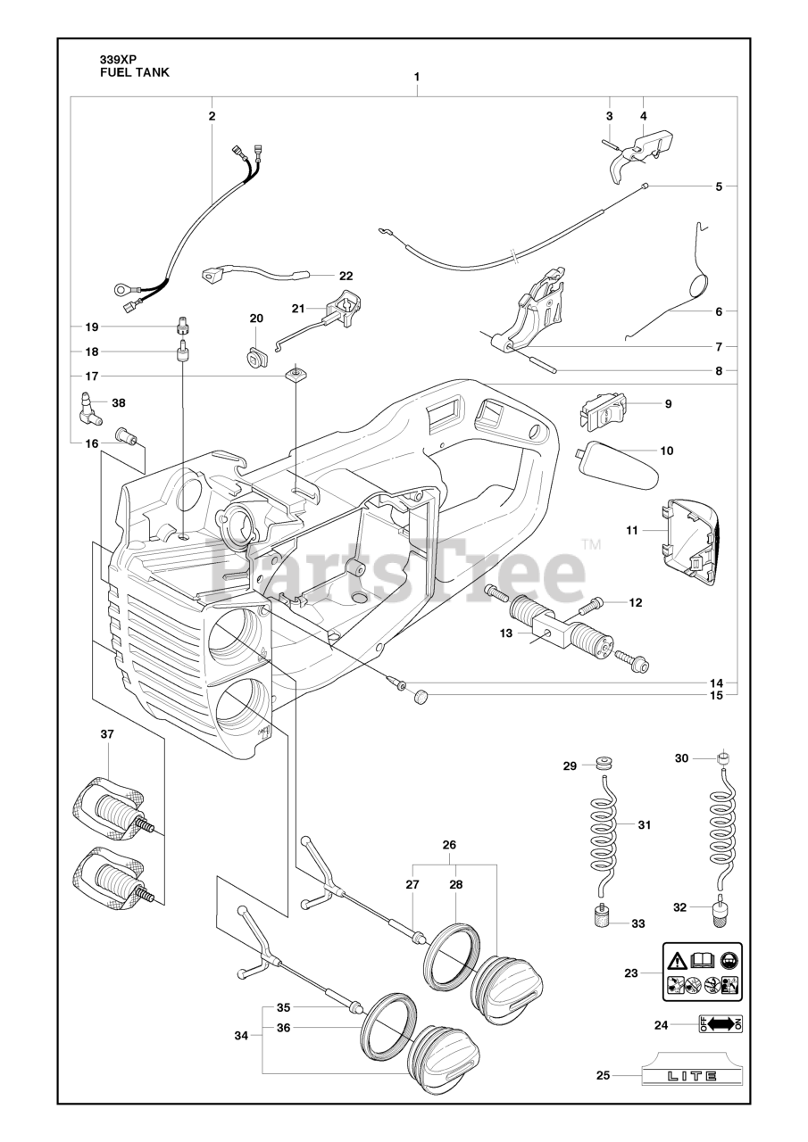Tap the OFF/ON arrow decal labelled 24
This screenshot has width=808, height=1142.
[720, 1024]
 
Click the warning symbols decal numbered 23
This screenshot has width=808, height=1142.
[702, 972]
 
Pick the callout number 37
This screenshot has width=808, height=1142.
[107, 734]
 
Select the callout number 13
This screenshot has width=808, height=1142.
[506, 633]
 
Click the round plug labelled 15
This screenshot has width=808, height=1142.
[421, 696]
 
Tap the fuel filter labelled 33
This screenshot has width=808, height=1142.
[603, 917]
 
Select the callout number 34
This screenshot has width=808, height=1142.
[242, 1036]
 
